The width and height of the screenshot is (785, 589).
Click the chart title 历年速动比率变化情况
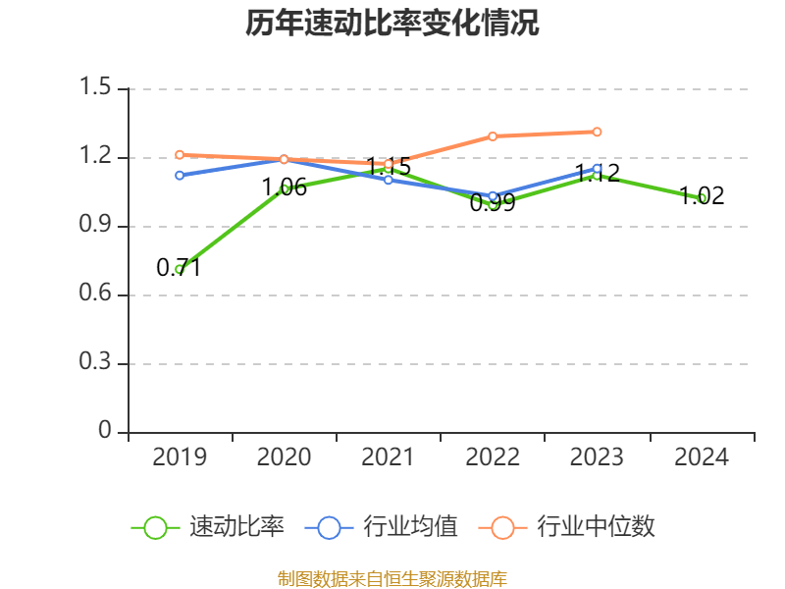(392, 25)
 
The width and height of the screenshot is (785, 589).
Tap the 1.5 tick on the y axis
(97, 88)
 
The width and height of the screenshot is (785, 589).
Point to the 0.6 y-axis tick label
(97, 294)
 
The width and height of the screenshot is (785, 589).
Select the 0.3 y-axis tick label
(97, 363)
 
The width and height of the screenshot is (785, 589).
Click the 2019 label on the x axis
(180, 457)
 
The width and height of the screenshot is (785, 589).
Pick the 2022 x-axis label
(493, 457)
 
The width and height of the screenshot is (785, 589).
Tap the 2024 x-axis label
(701, 457)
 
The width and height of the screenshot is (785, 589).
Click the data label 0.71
(179, 267)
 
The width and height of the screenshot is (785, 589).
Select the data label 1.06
(285, 187)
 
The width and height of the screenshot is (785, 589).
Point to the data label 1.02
(702, 196)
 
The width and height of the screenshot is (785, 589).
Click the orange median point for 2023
(597, 132)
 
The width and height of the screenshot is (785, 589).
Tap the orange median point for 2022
(493, 136)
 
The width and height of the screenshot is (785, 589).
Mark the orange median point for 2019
(180, 154)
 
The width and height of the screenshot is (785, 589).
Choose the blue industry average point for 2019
(180, 175)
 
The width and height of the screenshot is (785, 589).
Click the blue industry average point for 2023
(597, 168)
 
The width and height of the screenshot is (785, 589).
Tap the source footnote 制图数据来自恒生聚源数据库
(392, 578)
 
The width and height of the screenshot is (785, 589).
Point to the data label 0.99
(493, 204)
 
